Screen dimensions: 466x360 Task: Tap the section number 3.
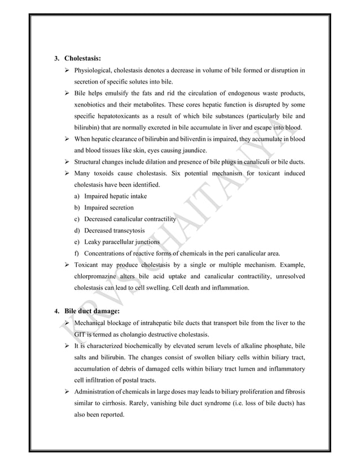(56, 58)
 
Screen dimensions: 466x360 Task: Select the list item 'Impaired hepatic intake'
(115, 196)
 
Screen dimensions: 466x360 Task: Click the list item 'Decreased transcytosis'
(114, 230)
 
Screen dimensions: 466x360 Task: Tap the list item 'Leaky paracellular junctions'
(121, 242)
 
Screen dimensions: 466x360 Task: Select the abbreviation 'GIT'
(81, 334)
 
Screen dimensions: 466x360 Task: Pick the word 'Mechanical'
(94, 323)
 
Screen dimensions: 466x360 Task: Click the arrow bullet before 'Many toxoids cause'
(68, 174)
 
